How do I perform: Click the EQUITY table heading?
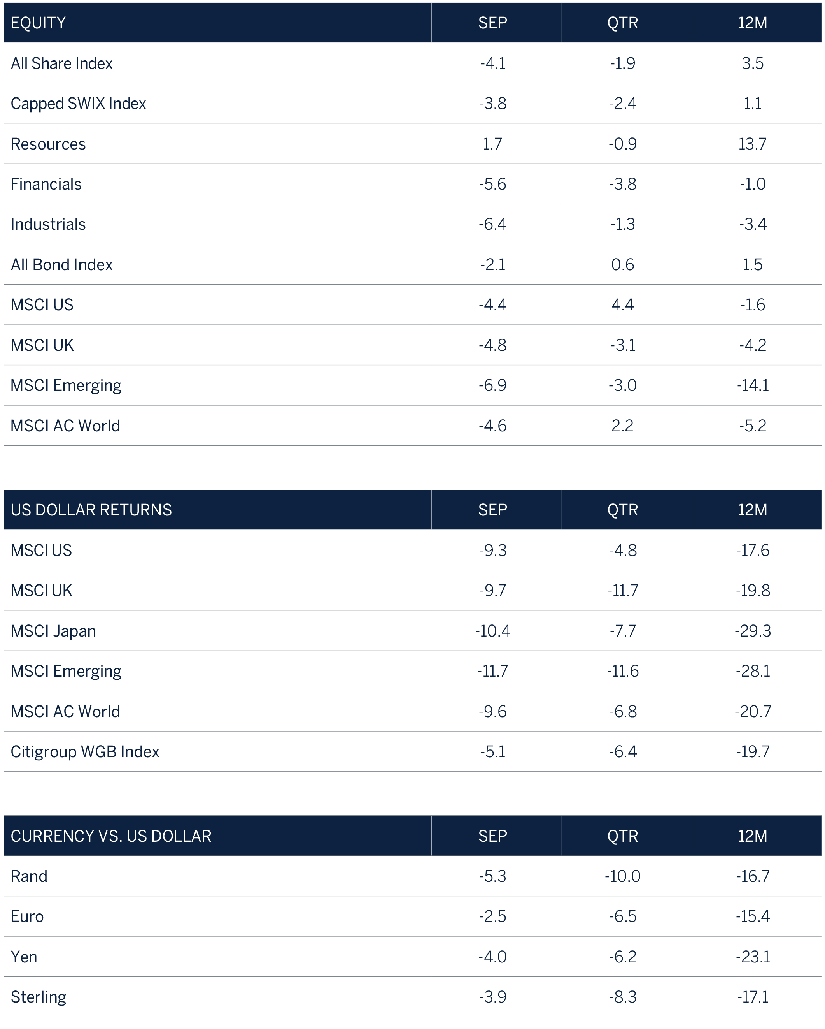click(x=38, y=23)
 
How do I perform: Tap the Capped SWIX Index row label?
click(x=78, y=104)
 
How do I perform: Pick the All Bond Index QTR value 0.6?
click(x=622, y=264)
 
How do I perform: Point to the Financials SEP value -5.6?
click(x=492, y=184)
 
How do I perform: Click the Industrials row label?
click(x=48, y=224)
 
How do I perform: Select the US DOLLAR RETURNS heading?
click(x=91, y=510)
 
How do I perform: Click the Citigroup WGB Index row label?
click(x=85, y=752)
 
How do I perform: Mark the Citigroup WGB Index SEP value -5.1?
click(x=492, y=752)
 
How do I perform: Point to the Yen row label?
click(x=24, y=957)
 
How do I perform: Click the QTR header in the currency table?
click(x=622, y=836)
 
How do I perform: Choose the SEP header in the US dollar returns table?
click(x=492, y=510)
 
